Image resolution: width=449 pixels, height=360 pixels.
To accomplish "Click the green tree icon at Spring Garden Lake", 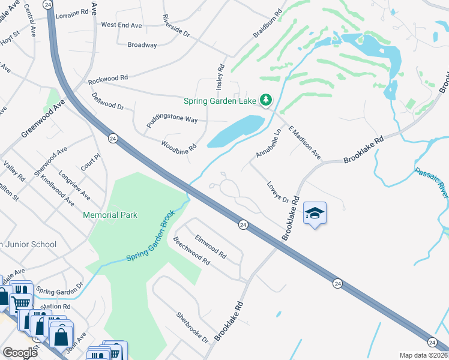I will point(266,100).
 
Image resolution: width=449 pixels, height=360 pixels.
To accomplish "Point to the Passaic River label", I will point(432,183).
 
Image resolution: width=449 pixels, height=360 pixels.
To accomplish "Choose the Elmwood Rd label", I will point(209,245).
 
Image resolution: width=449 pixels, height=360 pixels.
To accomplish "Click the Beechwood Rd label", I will point(191,252).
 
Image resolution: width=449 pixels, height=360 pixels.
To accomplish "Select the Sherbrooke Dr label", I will point(191,327).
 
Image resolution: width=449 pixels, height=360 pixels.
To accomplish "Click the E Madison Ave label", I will point(304,143).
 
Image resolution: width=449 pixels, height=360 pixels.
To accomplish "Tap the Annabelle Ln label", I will point(268,144).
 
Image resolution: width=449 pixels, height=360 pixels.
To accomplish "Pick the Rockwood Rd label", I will point(108,79).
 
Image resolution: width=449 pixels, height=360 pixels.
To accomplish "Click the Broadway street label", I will point(142,45).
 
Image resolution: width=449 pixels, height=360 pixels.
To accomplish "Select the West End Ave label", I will point(121,25).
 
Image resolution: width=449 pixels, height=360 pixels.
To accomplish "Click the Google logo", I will point(20,353).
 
